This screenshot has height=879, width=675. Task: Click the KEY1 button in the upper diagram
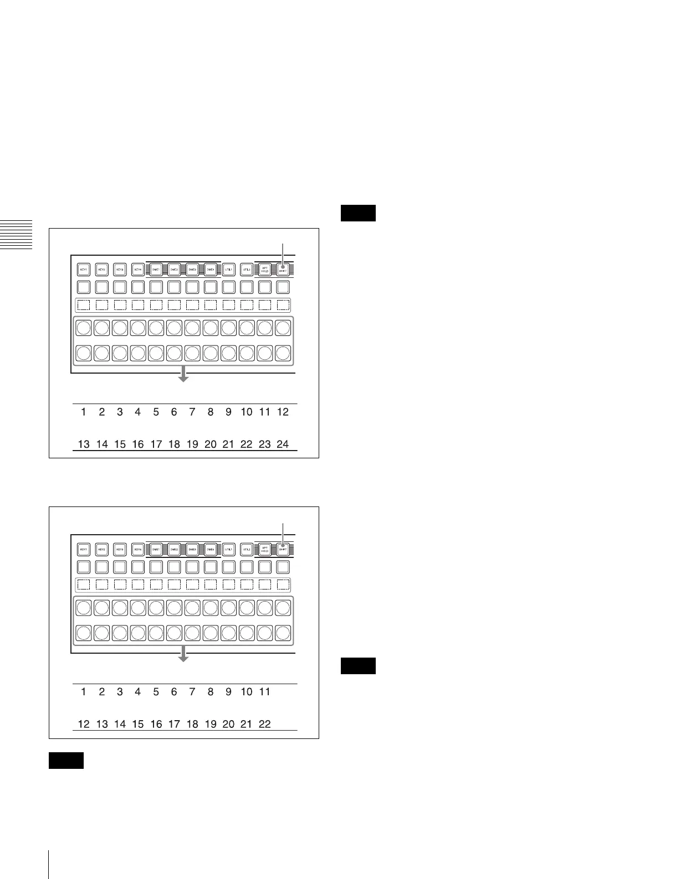click(x=84, y=270)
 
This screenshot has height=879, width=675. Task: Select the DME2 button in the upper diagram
click(x=174, y=270)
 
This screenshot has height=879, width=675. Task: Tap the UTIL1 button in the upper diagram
click(x=228, y=270)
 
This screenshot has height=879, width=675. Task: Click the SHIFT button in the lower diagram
click(x=283, y=550)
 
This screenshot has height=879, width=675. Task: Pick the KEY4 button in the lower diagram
click(x=138, y=550)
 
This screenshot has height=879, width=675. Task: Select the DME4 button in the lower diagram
click(x=211, y=550)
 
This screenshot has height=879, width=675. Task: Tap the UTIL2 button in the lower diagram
click(x=247, y=550)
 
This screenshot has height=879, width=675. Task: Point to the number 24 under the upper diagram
click(x=283, y=444)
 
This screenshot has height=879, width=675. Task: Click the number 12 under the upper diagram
click(x=283, y=412)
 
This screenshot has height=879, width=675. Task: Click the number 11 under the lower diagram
click(x=264, y=692)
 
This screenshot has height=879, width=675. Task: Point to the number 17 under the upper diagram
click(x=156, y=444)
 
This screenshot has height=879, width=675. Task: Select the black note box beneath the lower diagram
click(x=67, y=761)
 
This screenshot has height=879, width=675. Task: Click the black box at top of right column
click(x=359, y=213)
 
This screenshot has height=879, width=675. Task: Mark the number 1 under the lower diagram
click(x=84, y=692)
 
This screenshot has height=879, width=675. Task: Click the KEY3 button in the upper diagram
click(x=120, y=270)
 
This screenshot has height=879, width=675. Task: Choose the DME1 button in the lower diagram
click(x=156, y=550)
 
